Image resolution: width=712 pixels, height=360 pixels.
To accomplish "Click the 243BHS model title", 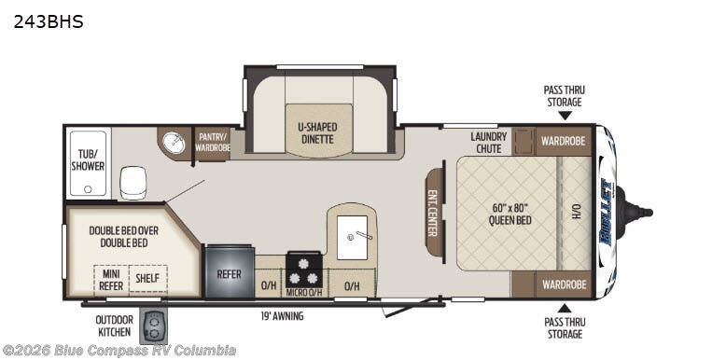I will (49, 21).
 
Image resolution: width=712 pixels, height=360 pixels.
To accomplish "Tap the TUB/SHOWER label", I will (88, 159).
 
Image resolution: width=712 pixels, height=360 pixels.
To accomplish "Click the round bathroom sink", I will (174, 144).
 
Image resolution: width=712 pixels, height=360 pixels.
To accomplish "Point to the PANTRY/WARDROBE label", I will (213, 143).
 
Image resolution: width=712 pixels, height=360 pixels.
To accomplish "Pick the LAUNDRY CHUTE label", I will (488, 143).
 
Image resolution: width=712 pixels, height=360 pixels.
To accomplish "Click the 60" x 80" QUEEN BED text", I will (510, 214).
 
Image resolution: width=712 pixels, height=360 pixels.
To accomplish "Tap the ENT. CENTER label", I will (434, 214).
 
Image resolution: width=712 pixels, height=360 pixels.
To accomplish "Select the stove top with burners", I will (303, 270).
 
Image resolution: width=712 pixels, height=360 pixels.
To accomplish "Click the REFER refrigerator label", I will (230, 274).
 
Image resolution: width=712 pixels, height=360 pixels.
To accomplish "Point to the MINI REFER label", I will (110, 279).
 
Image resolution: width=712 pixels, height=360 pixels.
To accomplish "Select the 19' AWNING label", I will (283, 316).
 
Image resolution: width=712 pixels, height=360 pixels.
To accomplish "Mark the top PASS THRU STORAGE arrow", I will (564, 116).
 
